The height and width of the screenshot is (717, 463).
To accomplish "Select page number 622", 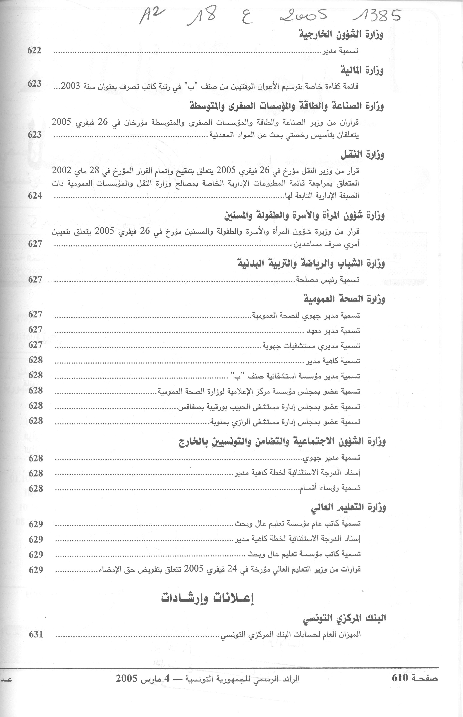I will [x=34, y=50].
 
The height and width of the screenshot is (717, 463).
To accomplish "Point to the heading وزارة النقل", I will [x=362, y=155].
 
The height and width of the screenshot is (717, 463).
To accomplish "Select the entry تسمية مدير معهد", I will [x=333, y=331].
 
